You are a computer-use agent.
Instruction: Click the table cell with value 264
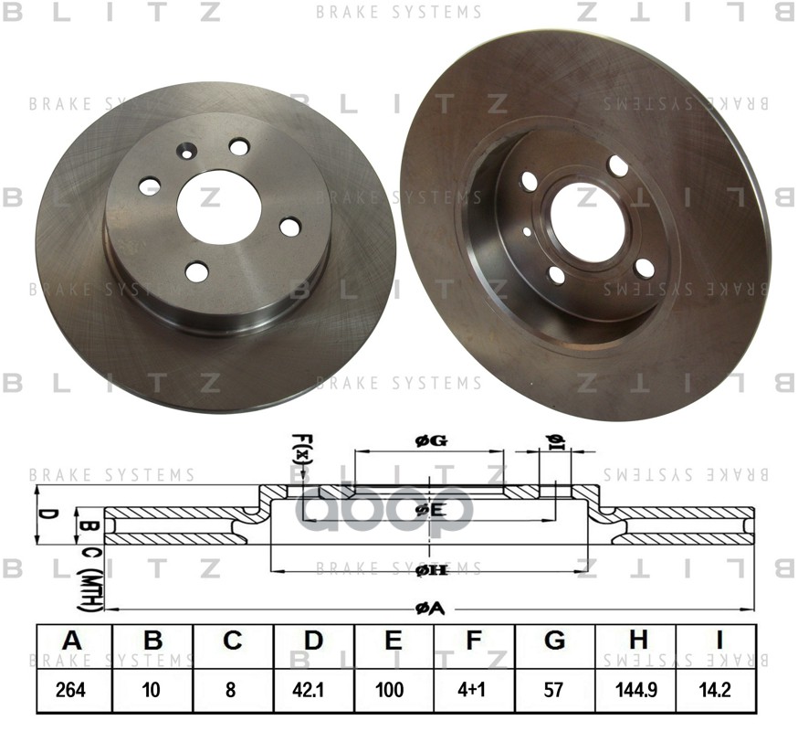coord(72,691)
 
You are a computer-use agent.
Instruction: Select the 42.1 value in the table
coord(312,691)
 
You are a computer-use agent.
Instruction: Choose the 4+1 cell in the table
coord(473,691)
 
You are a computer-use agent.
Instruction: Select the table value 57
coord(553,691)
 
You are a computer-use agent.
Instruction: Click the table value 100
coord(393,691)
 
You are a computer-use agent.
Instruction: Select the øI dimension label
coord(555,441)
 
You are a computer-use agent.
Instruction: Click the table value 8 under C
coord(232,691)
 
